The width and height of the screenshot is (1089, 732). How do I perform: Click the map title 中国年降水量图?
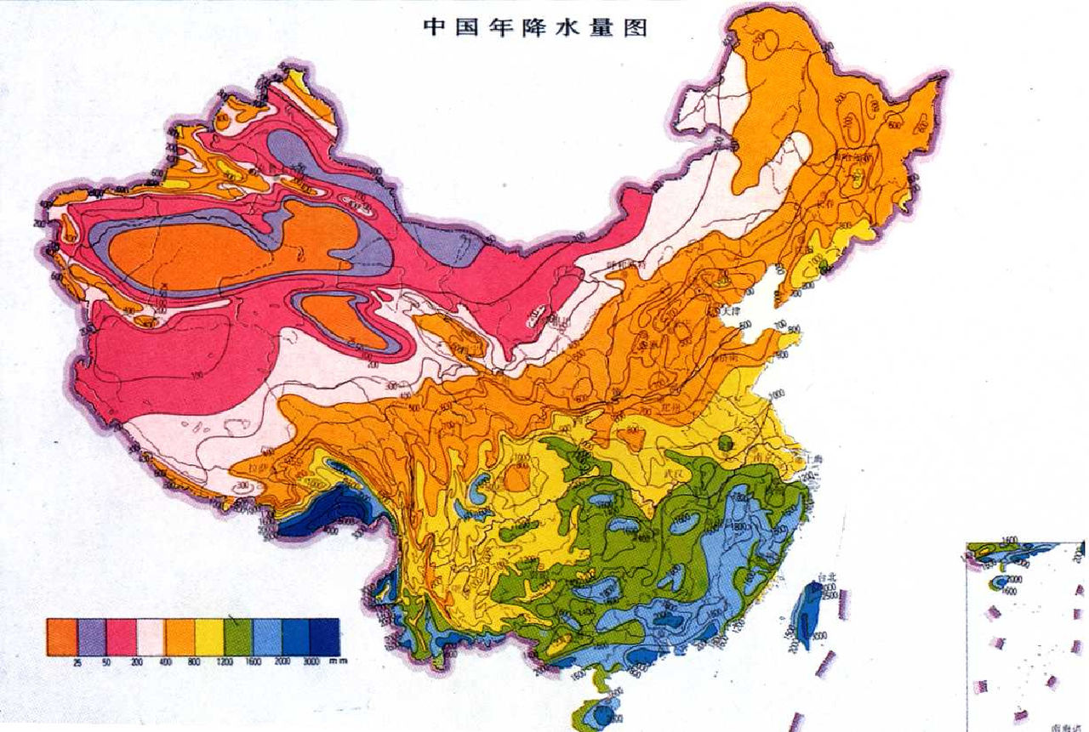point(536,27)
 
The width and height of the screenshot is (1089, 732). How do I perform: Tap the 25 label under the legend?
point(77,661)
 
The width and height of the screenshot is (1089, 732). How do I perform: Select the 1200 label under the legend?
point(225,661)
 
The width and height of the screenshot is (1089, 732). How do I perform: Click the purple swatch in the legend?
point(92,637)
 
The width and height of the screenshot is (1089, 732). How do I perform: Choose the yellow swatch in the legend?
point(208,637)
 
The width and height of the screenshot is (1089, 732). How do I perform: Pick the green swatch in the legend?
point(237,637)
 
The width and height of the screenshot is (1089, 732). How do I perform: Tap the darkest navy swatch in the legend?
point(325,637)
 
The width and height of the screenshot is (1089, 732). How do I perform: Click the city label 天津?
point(730,311)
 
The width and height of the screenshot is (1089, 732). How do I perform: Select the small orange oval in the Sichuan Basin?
point(516,478)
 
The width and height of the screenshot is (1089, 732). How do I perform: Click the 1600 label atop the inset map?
point(1010,540)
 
